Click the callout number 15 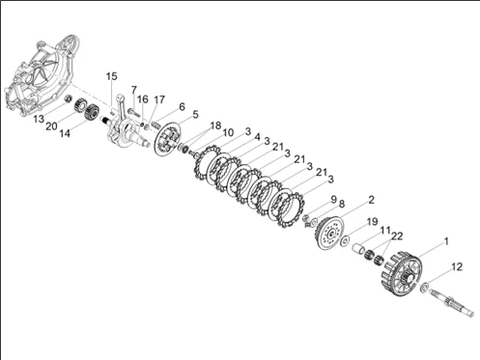tap(112, 76)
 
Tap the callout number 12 tap(457, 266)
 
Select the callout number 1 tap(446, 241)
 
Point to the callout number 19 tap(372, 222)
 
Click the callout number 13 tap(39, 119)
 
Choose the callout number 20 tap(51, 126)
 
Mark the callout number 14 tap(65, 133)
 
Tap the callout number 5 tap(195, 115)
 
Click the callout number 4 tap(257, 137)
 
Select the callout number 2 tap(372, 200)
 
